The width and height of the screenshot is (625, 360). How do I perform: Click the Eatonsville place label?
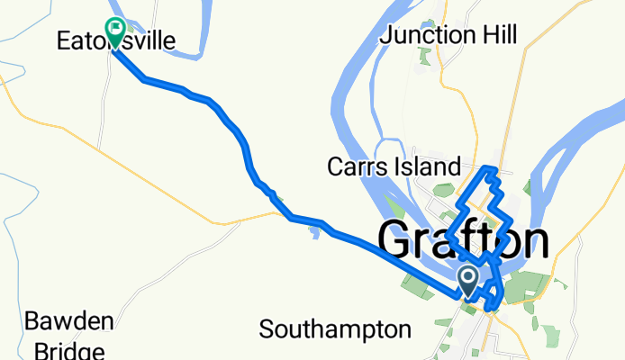pos(115,40)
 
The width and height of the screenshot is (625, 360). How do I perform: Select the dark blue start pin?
pos(469,279)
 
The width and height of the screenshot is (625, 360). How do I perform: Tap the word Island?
pos(429,167)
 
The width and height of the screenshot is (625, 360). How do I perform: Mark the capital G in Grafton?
pos(398,240)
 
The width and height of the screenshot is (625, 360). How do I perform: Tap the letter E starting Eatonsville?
pos(63,40)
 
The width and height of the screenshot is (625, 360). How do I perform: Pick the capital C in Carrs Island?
pos(335,167)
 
